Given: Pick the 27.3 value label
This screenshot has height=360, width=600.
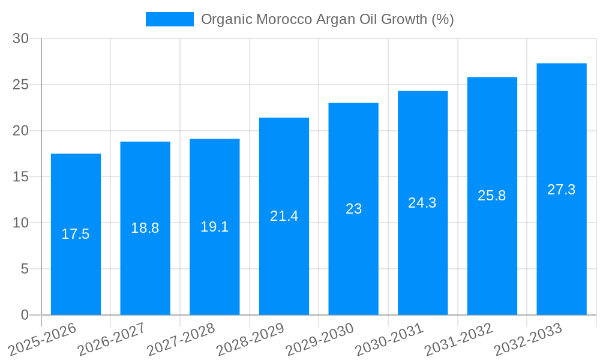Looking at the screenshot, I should pos(562,190).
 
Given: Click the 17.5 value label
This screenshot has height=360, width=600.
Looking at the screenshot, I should pos(76,234).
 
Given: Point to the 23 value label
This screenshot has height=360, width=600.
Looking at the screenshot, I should pos(353,209).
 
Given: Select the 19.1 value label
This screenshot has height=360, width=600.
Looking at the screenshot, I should pos(214,227).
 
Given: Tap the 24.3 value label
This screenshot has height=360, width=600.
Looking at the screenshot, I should pos(422,203).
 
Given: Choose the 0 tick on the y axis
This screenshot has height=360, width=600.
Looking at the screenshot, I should pos(25,314).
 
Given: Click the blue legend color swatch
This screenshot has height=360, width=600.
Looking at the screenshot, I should pos(169,19).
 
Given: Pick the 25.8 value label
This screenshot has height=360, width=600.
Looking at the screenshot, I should pos(492,196).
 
